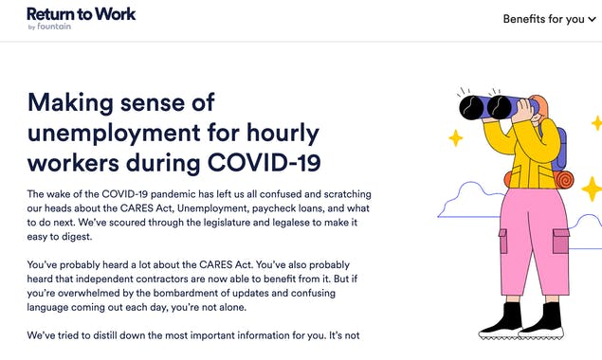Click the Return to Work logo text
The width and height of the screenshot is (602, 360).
81,13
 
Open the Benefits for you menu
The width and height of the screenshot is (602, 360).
542,18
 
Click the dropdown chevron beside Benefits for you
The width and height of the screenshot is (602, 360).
593,19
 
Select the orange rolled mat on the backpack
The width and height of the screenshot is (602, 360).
565,178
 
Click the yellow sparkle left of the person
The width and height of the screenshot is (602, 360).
455,138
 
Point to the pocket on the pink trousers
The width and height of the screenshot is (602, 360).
560,241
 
